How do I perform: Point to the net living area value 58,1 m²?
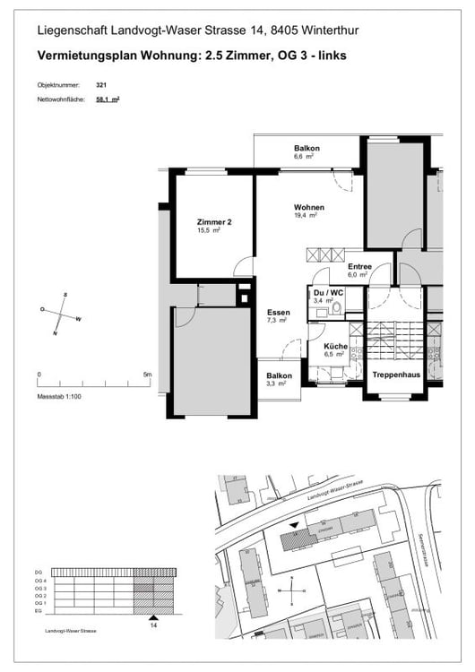point(108,100)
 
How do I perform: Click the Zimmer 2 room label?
point(214,222)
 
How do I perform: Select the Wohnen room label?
point(308,208)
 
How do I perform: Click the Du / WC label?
point(327,292)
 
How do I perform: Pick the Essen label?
point(278,314)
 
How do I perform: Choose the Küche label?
point(334,345)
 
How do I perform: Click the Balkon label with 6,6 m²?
point(307,148)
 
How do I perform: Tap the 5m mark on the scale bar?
point(147,375)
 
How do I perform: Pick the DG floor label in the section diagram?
point(39,572)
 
